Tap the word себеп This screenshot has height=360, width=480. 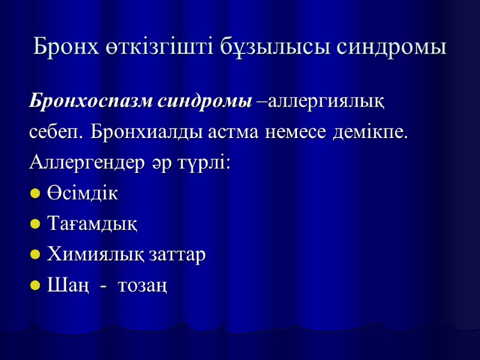click(x=56, y=133)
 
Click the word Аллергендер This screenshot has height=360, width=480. click(x=86, y=164)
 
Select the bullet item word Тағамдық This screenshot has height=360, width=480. click(x=92, y=224)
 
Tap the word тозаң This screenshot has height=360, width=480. click(x=143, y=286)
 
